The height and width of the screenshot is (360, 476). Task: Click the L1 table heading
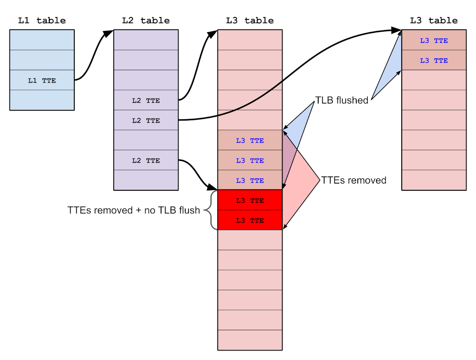42,21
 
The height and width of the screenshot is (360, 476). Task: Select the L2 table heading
146,21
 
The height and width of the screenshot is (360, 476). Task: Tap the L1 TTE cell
42,80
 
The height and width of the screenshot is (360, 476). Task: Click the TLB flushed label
342,100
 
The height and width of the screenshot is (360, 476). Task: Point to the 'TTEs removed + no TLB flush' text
134,211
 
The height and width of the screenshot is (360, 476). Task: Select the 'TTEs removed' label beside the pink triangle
353,180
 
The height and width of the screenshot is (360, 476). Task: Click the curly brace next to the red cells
211,210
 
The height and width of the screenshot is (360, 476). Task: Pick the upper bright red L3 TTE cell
250,200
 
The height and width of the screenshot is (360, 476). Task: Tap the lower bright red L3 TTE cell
250,220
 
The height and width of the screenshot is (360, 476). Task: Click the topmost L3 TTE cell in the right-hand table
434,40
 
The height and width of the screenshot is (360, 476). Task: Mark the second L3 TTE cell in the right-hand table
434,60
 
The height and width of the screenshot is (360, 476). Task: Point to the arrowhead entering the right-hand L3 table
397,31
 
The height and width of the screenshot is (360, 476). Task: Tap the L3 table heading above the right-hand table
434,21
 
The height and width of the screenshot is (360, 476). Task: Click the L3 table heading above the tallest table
250,21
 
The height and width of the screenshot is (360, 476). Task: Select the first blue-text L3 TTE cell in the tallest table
250,140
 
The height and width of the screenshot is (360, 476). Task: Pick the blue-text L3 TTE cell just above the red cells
250,180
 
